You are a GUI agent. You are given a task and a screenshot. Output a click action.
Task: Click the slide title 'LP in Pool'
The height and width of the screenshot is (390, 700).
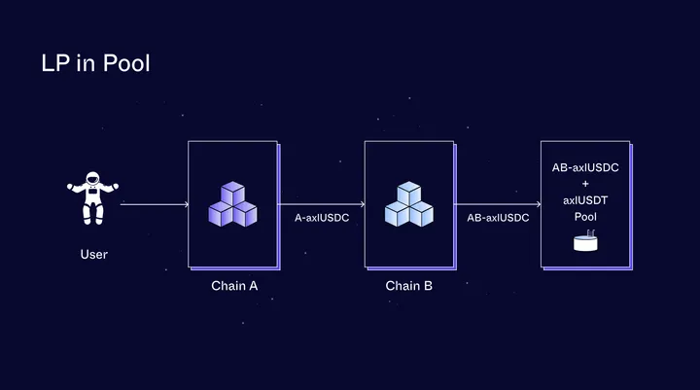click(x=94, y=64)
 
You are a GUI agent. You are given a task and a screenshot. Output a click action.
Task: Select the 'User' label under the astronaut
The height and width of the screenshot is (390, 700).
click(x=93, y=255)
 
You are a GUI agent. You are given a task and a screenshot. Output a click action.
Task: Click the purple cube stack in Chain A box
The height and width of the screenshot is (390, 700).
click(x=233, y=204)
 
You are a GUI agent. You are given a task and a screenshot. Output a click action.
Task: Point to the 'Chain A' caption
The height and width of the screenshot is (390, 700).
click(x=234, y=286)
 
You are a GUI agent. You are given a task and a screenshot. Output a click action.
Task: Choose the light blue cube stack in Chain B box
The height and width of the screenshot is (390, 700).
click(x=408, y=204)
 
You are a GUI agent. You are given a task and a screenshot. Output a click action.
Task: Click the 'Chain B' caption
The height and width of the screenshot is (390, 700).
click(x=408, y=286)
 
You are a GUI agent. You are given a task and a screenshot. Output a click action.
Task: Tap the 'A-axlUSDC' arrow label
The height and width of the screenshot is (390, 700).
click(x=322, y=218)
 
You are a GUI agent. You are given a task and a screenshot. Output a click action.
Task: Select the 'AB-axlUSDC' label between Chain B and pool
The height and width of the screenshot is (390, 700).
click(x=498, y=218)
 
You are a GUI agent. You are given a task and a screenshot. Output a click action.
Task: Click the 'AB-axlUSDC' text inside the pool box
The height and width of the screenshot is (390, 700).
click(x=585, y=168)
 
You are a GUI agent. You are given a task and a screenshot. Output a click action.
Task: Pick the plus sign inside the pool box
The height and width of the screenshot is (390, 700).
click(x=585, y=184)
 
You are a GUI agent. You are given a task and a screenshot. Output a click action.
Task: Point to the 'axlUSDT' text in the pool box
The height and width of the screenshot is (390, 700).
click(x=585, y=199)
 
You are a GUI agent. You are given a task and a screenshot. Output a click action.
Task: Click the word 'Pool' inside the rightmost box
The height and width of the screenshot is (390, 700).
click(x=585, y=215)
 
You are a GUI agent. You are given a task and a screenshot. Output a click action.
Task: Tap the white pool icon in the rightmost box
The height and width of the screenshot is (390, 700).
click(x=585, y=241)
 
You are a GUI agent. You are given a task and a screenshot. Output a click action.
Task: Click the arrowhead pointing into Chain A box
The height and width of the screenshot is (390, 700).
click(x=184, y=204)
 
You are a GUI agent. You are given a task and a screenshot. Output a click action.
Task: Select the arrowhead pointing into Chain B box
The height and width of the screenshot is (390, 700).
click(x=361, y=204)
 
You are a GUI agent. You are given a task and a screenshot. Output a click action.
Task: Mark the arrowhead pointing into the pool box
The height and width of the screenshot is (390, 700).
click(x=537, y=204)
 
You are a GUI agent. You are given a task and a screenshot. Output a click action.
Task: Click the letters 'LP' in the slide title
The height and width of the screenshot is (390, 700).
click(x=54, y=64)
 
